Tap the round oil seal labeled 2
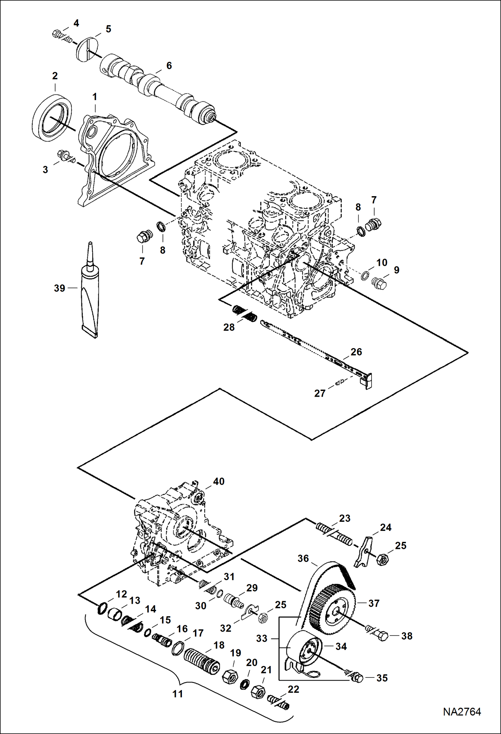click(52, 115)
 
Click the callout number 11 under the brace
click(178, 694)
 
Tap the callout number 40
click(219, 481)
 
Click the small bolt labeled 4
click(59, 34)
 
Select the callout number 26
click(356, 352)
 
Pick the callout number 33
click(262, 638)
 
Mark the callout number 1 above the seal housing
click(95, 97)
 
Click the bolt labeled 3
click(64, 155)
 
